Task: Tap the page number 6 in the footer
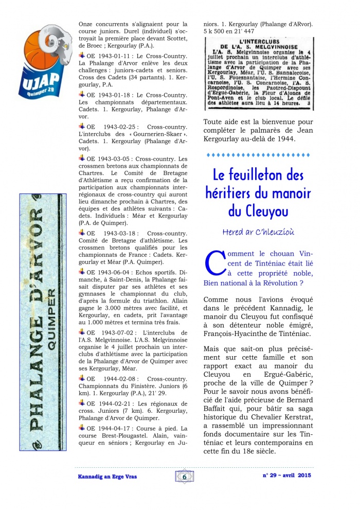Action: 184,477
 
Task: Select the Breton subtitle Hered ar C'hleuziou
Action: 258,232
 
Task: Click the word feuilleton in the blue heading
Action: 259,175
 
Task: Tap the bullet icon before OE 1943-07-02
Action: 82,332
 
